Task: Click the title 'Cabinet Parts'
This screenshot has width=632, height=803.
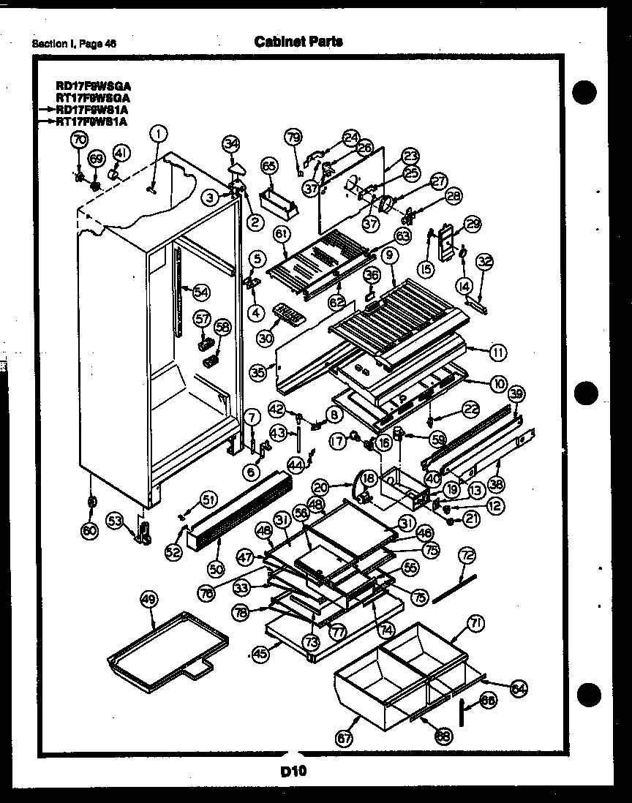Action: point(298,42)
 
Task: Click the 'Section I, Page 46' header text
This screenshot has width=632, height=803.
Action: point(73,43)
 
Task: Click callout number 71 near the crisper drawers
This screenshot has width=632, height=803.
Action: point(475,623)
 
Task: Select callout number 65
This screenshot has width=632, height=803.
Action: point(268,167)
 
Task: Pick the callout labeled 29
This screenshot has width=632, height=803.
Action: point(473,225)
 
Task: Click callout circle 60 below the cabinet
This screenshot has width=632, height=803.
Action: point(90,532)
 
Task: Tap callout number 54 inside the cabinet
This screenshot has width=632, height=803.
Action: point(200,292)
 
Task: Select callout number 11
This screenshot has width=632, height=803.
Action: point(497,353)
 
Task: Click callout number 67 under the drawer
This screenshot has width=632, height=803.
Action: point(343,739)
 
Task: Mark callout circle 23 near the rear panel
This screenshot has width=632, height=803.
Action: point(410,155)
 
